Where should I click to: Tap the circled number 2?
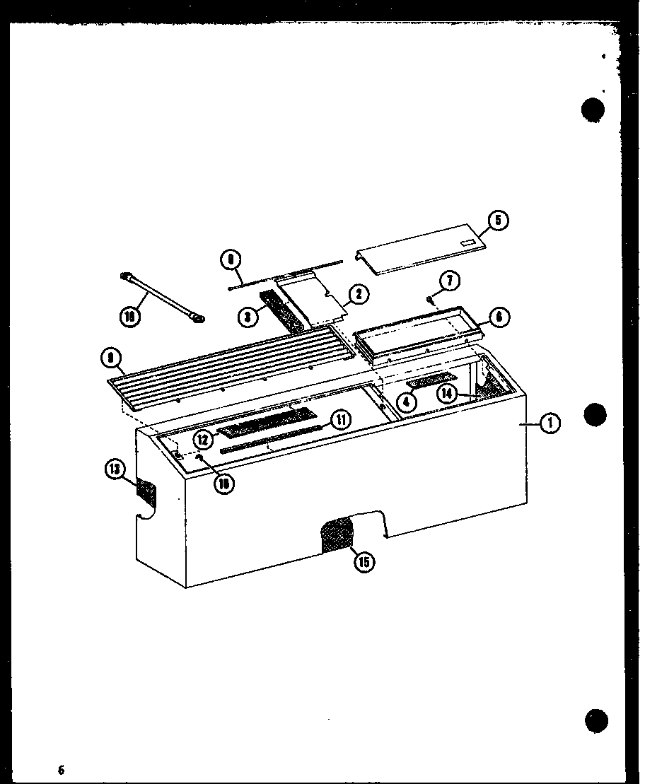(359, 295)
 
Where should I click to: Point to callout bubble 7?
(450, 281)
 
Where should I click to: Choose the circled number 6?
(499, 317)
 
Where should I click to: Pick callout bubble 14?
(448, 394)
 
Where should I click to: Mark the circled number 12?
(204, 439)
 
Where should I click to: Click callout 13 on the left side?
(115, 469)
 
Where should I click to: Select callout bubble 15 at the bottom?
(364, 563)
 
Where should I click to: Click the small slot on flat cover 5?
(467, 244)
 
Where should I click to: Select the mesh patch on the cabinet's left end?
(145, 490)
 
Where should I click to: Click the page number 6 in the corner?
(62, 769)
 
